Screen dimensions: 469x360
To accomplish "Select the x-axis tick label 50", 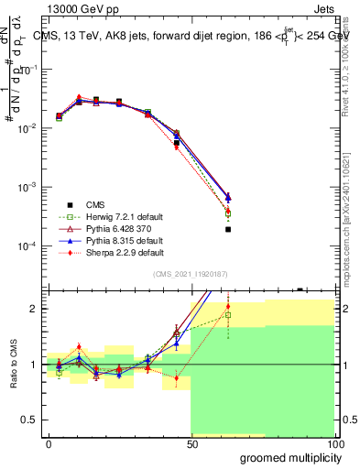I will [191, 443].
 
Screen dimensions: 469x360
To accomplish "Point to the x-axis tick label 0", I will [49, 443].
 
